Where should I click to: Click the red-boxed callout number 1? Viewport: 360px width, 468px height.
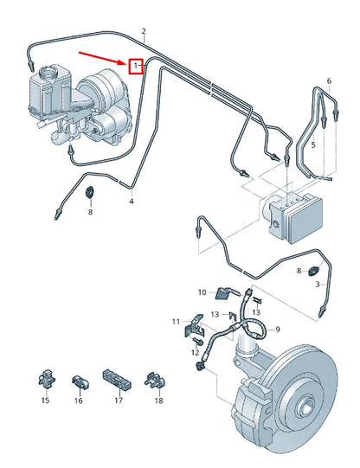(x=135, y=66)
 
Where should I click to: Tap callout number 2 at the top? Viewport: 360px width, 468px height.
(x=144, y=31)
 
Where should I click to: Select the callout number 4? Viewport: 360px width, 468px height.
(x=132, y=202)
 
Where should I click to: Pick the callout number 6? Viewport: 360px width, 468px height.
(x=329, y=80)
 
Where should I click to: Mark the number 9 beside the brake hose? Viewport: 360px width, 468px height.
(x=278, y=330)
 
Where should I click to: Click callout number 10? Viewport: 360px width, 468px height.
(x=202, y=292)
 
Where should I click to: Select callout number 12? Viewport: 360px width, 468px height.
(x=194, y=352)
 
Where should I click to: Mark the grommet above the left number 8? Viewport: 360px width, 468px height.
(x=91, y=190)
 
